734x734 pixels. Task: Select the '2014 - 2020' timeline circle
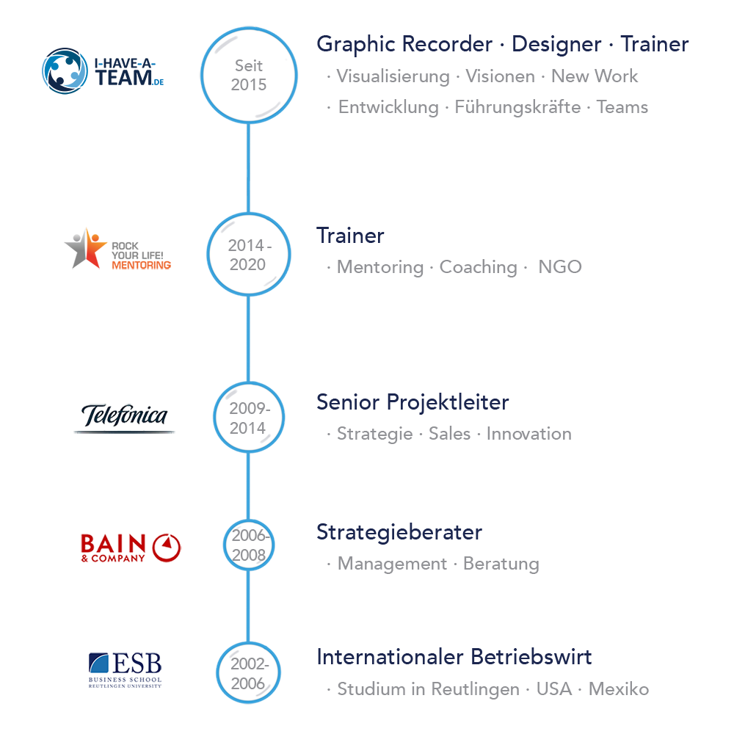click(248, 255)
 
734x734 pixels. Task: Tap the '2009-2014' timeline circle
click(248, 418)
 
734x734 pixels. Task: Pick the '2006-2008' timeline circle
click(248, 545)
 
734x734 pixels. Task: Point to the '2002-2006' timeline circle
click(248, 674)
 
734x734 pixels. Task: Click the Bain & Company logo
click(129, 547)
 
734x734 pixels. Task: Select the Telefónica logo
click(124, 418)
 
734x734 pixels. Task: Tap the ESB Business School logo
click(125, 669)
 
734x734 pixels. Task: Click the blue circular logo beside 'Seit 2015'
click(102, 71)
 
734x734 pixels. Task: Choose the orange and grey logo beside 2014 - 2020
click(117, 248)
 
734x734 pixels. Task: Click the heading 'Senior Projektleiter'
click(413, 402)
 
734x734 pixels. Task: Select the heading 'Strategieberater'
click(399, 531)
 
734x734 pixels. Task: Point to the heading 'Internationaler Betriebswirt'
click(454, 657)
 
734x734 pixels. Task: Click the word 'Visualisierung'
click(393, 76)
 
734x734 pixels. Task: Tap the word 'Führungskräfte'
click(517, 107)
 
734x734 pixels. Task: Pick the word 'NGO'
click(560, 267)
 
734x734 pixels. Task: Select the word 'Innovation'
click(528, 434)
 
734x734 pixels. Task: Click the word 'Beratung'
click(501, 564)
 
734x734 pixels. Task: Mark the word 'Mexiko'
click(618, 690)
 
